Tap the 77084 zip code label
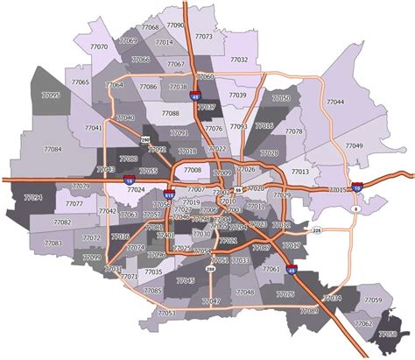[x=52, y=150]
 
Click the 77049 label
[x=354, y=145]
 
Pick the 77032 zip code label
[x=238, y=60]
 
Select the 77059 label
[x=372, y=300]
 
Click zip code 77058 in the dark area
[x=388, y=334]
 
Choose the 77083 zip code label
[x=53, y=243]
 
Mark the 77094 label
[x=32, y=198]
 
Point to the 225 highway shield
[x=317, y=230]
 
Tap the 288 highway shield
[x=210, y=270]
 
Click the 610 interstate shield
[x=169, y=194]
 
